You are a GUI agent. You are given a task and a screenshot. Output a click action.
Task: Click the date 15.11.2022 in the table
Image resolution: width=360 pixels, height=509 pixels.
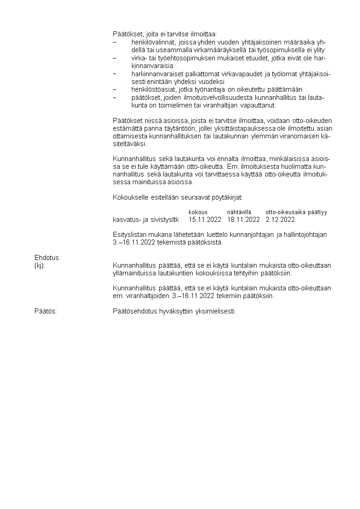[x=205, y=220]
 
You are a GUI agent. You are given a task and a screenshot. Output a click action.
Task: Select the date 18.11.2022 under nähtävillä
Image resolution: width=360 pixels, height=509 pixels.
[x=243, y=220]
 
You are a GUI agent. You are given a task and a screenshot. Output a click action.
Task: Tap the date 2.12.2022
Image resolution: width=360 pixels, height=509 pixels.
[x=280, y=220]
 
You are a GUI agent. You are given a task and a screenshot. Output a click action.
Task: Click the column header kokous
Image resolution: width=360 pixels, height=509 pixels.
[x=198, y=212]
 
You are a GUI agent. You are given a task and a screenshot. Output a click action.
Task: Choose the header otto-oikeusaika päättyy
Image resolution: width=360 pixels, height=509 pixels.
[x=296, y=212]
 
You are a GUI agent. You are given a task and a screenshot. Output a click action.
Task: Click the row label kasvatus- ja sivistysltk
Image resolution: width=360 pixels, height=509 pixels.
[x=146, y=220]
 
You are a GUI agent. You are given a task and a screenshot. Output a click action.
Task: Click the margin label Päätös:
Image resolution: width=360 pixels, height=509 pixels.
[x=45, y=312]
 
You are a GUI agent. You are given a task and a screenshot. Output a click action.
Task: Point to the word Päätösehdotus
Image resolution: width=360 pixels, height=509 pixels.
[x=133, y=312]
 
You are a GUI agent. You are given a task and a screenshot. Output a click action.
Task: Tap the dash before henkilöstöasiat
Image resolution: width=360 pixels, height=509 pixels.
[x=115, y=89]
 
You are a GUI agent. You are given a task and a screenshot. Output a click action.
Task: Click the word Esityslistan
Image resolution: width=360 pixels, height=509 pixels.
[x=128, y=235]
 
